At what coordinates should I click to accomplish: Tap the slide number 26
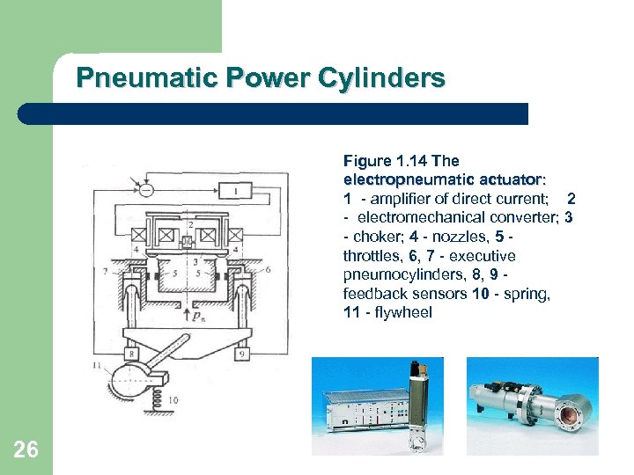click(26, 450)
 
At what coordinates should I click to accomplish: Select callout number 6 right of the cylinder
click(268, 269)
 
